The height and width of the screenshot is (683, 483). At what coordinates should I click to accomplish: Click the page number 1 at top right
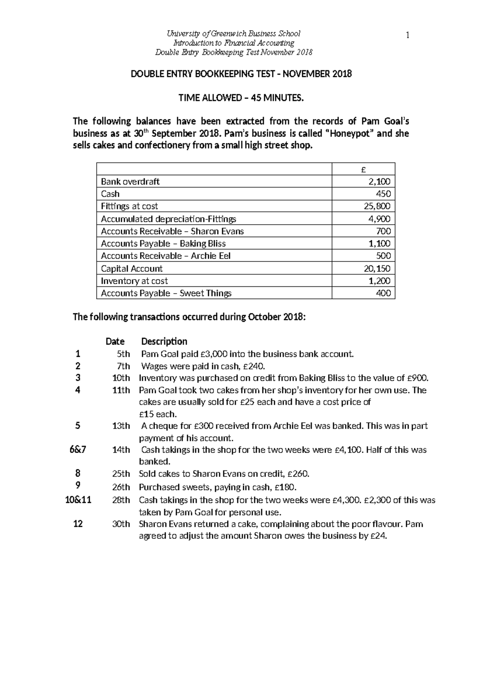(x=407, y=36)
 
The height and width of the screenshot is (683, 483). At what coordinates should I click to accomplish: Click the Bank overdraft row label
(x=130, y=182)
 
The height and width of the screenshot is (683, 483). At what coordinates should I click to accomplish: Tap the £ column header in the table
(x=363, y=170)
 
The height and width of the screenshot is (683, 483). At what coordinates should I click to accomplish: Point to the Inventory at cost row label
(x=134, y=281)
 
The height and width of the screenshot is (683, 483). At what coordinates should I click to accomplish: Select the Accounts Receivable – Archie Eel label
(x=165, y=256)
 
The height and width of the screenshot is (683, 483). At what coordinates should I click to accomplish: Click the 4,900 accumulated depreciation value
(x=380, y=219)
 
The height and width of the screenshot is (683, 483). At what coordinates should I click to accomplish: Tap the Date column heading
(x=115, y=341)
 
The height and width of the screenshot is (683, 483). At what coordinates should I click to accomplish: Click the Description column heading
(x=164, y=341)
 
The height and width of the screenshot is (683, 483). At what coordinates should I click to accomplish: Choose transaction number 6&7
(x=78, y=450)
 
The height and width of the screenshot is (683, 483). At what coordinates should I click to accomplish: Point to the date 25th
(x=121, y=474)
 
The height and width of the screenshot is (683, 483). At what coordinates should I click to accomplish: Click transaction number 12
(x=78, y=524)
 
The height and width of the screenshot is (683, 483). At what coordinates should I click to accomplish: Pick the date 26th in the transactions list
(x=121, y=487)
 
